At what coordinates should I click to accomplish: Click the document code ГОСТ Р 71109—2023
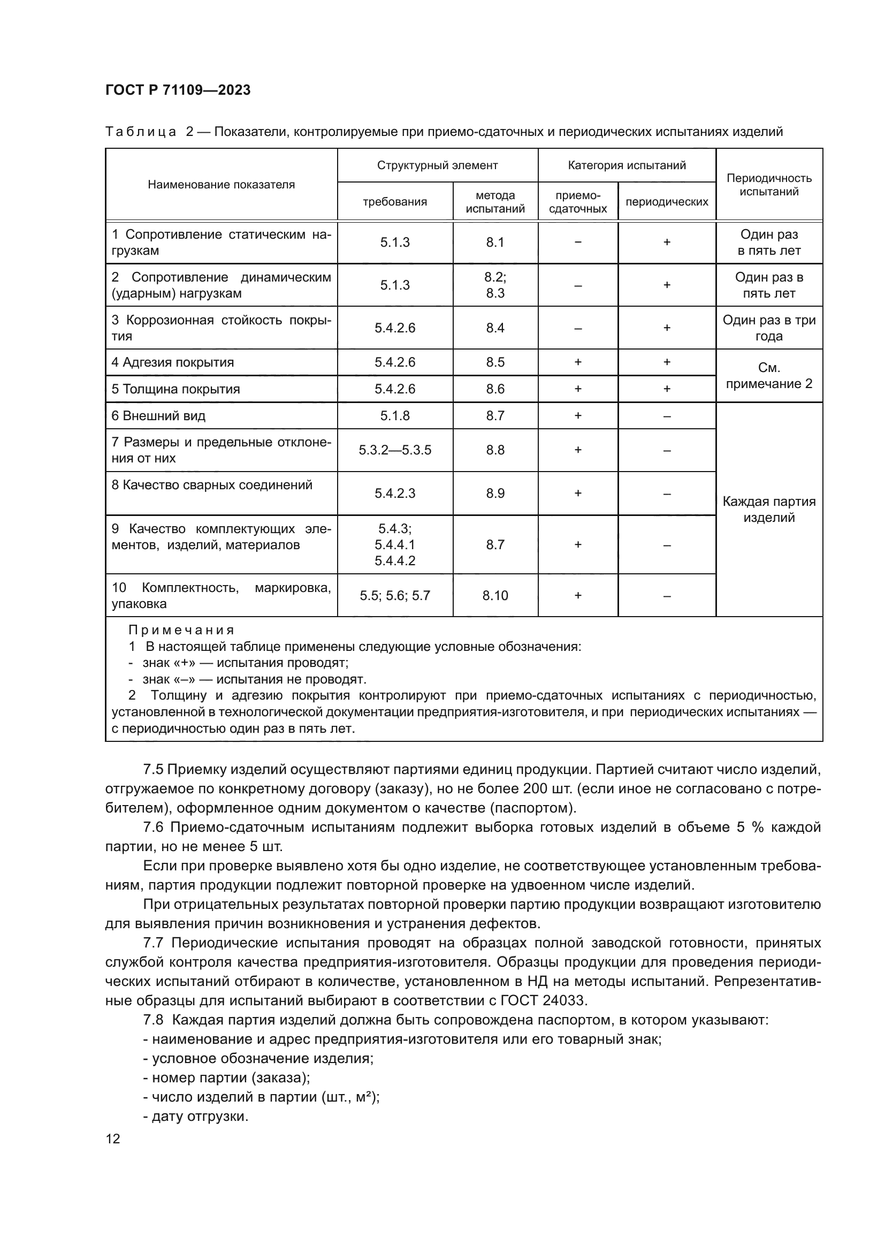click(178, 90)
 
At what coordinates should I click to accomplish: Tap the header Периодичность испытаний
click(768, 185)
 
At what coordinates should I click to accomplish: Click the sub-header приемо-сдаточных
click(578, 202)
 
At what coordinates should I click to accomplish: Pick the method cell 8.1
click(495, 242)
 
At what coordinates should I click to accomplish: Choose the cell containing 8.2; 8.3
click(495, 285)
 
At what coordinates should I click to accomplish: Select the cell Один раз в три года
click(768, 328)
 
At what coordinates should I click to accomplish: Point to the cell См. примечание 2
click(768, 376)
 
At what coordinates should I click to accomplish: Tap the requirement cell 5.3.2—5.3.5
click(394, 450)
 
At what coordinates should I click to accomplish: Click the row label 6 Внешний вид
click(158, 415)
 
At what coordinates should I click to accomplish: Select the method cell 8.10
click(495, 595)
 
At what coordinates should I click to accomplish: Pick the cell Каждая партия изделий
click(768, 509)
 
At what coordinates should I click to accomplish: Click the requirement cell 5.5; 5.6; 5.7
click(394, 595)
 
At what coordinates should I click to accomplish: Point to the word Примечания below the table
click(181, 631)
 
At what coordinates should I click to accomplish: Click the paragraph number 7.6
click(153, 827)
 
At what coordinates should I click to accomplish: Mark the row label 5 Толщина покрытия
click(176, 389)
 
